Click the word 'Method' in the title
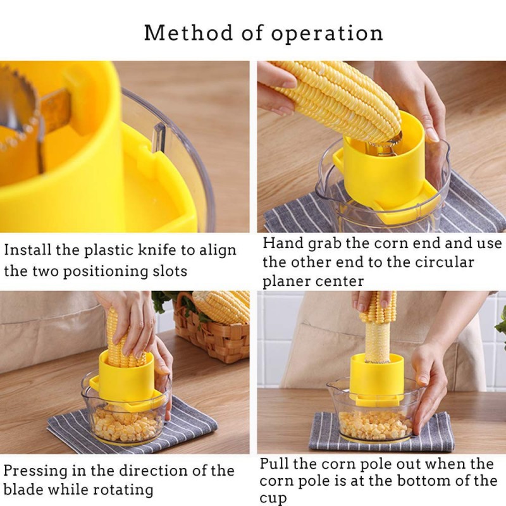(x=188, y=33)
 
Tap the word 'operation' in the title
(x=327, y=34)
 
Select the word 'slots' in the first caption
(x=170, y=271)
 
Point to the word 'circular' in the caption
(x=444, y=262)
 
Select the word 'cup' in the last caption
(x=273, y=498)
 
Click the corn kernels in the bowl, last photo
(x=375, y=424)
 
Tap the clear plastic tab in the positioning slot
(x=159, y=137)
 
